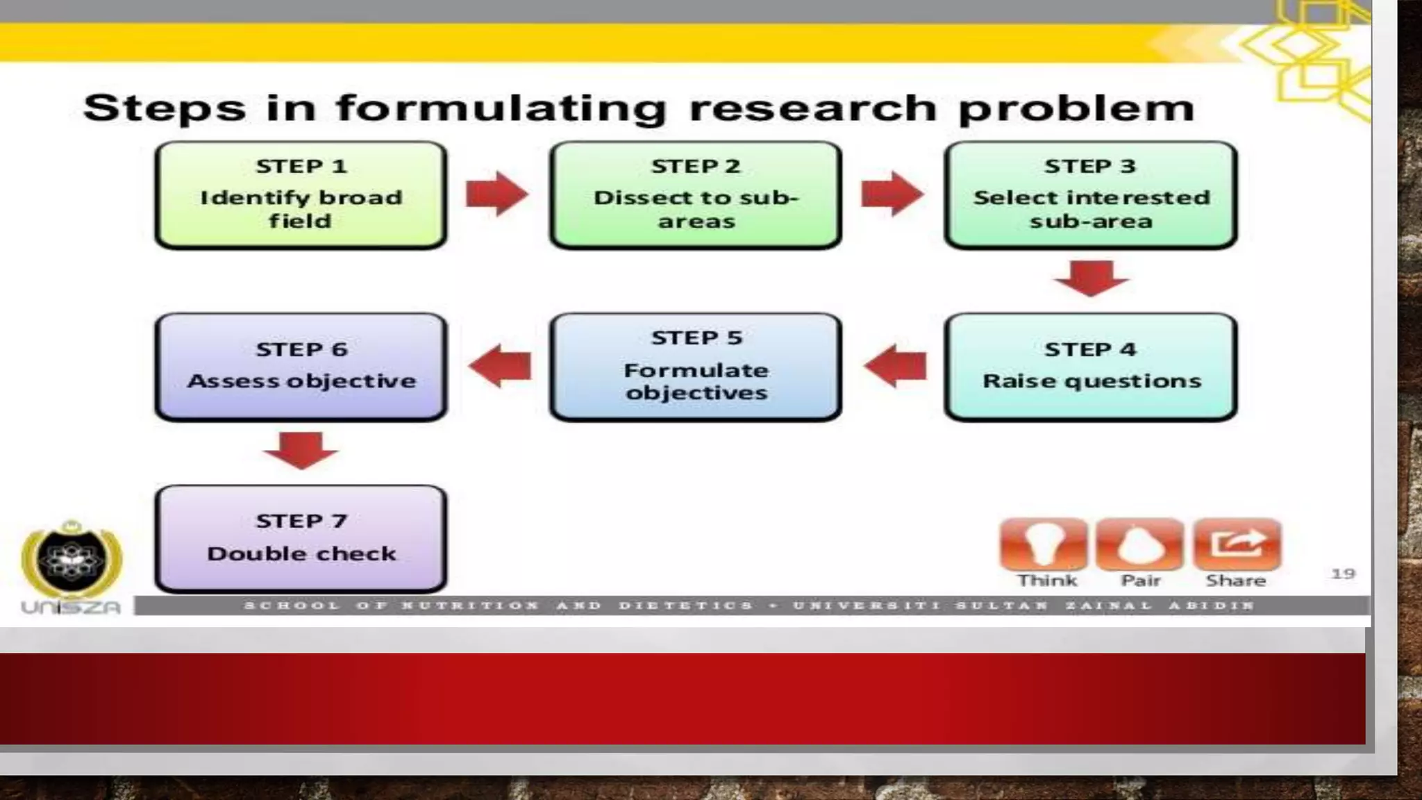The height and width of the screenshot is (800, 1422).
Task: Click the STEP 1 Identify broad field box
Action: click(301, 195)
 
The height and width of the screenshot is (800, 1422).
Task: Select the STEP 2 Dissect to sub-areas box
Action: click(696, 195)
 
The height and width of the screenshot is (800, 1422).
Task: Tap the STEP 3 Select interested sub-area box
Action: click(1091, 195)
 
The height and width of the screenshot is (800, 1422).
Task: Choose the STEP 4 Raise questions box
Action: click(1091, 367)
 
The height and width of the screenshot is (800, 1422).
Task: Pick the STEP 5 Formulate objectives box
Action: click(696, 367)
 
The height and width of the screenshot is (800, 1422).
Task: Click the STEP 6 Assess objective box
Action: click(301, 367)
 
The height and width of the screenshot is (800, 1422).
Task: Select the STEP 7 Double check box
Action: click(301, 538)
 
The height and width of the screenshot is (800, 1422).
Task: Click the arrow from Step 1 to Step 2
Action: click(497, 194)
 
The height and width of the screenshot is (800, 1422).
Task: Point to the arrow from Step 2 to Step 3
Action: click(892, 194)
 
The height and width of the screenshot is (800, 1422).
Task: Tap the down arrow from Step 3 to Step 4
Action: click(1091, 278)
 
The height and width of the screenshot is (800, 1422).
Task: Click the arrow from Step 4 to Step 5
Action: click(895, 366)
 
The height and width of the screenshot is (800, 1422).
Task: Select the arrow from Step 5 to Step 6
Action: click(500, 366)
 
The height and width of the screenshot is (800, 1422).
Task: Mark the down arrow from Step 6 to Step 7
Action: click(301, 449)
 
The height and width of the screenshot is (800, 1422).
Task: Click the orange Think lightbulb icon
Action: click(1044, 544)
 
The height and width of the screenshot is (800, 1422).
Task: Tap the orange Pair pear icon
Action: click(1140, 544)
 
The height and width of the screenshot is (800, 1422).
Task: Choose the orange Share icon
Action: click(1237, 544)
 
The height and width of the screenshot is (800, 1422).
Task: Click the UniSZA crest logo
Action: click(72, 559)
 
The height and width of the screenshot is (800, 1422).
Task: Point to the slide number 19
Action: click(1343, 574)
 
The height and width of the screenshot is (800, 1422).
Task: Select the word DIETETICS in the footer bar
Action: click(685, 606)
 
